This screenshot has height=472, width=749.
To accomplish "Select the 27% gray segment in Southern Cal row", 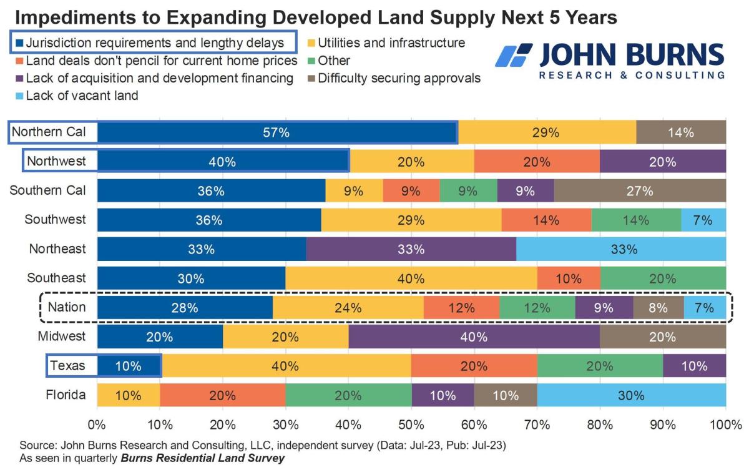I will coord(640,191).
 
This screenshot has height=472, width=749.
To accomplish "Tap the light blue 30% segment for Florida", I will coord(631,395).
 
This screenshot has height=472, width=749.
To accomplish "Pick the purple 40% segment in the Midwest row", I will coord(474,337).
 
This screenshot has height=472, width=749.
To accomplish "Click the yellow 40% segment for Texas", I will coord(286,366).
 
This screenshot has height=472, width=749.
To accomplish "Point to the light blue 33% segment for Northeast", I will coord(621,249).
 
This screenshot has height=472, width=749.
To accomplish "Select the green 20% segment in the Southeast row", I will coord(662,278).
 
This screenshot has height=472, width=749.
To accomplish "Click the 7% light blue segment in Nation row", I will coord(705,308).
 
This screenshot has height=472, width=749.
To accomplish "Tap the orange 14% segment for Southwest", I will coord(546,220).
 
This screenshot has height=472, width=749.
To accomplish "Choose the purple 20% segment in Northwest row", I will coord(662,162).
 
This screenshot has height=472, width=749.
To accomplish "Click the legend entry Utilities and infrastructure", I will coord(387,43).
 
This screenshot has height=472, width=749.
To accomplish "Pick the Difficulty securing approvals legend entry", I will coord(394,78).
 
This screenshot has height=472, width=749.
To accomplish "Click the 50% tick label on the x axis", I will coord(411,425).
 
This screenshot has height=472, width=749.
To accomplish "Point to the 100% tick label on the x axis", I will coord(725,425).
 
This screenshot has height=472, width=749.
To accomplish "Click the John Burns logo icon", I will coord(513,56).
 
